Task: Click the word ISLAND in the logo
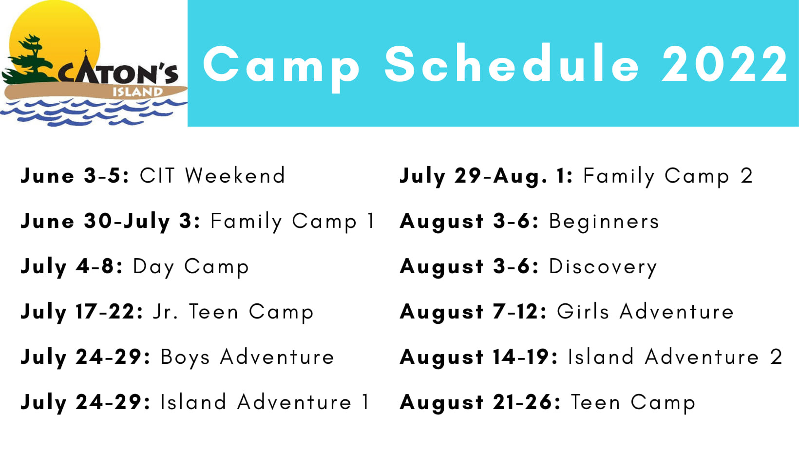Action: pos(138,92)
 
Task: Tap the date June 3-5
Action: pos(75,176)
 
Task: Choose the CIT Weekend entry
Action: pos(212,175)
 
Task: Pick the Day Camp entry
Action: pos(191,267)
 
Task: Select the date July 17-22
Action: pos(82,312)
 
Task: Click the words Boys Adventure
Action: pos(247,357)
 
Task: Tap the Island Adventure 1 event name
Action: pos(265,402)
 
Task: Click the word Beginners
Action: pos(604,222)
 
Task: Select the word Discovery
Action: pos(603,267)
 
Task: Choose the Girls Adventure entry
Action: pos(645,312)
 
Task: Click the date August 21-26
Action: pos(480,403)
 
